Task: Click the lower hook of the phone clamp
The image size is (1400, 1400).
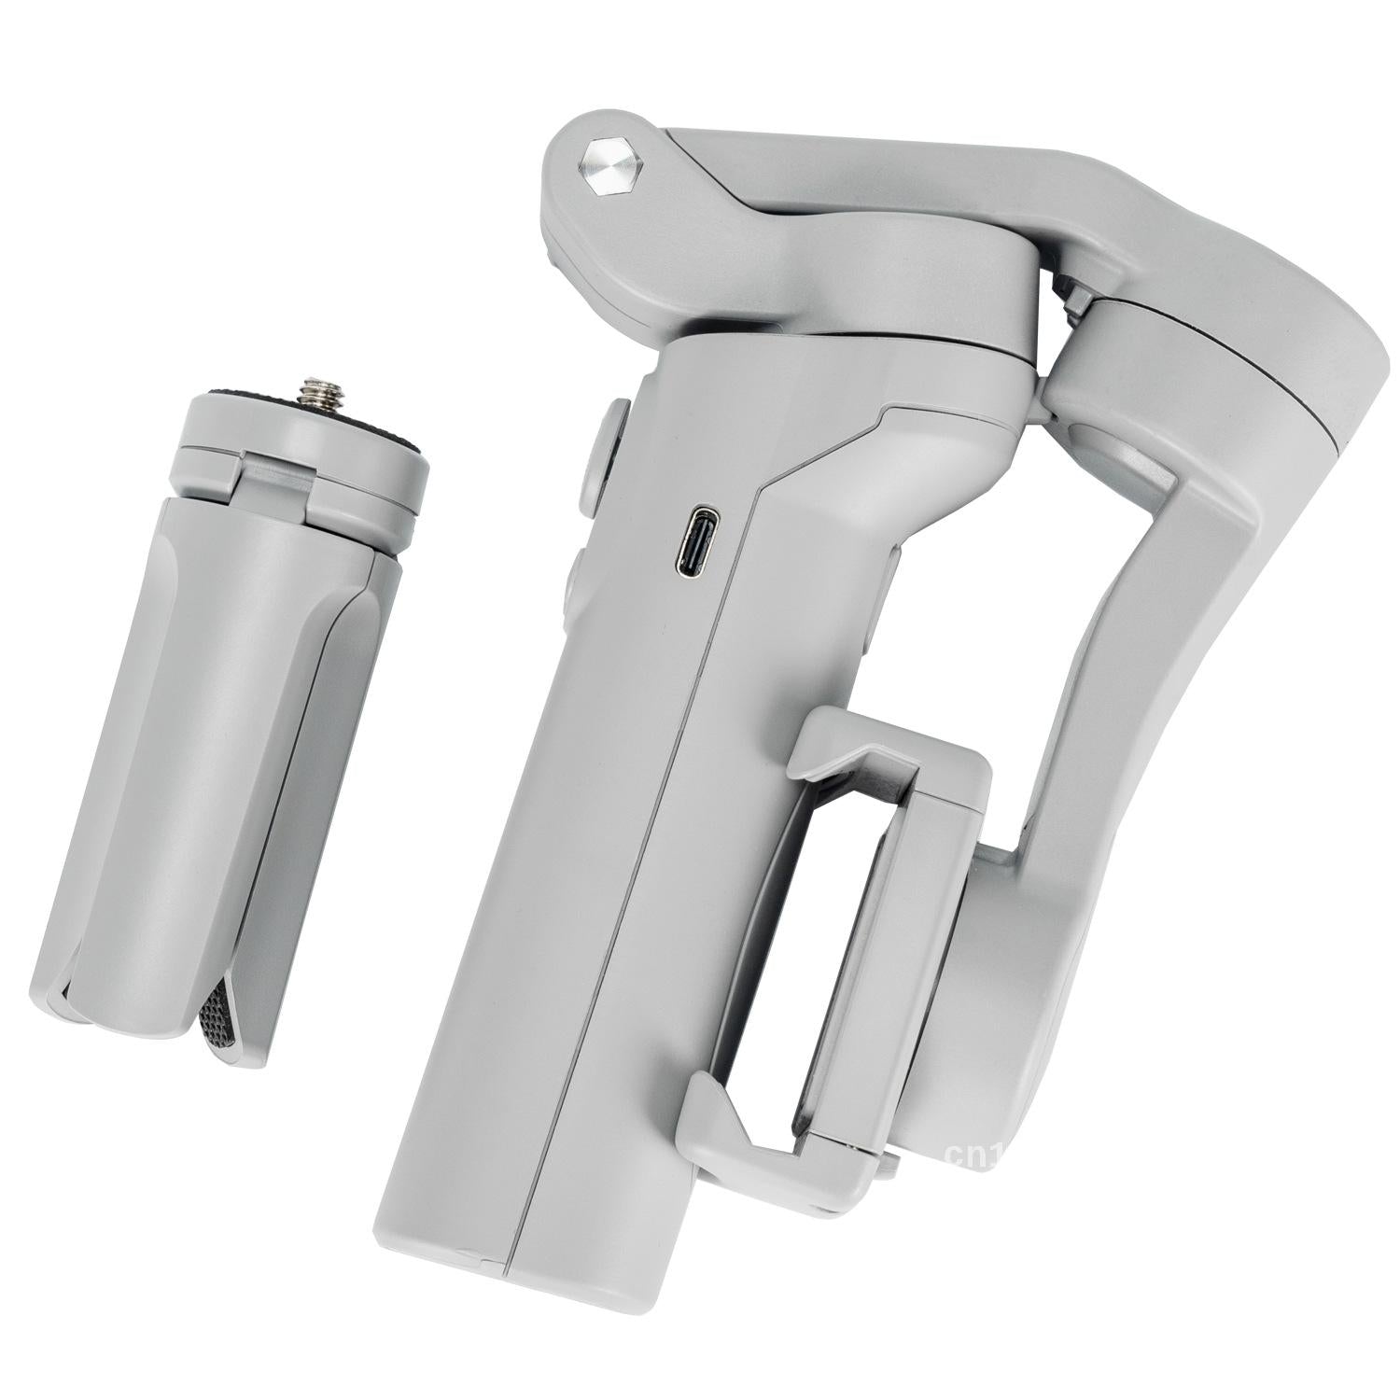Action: [747, 1148]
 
